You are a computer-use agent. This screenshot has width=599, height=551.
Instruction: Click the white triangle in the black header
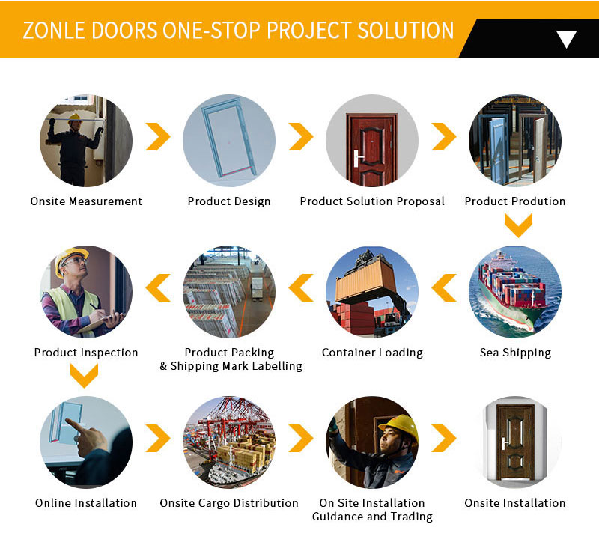point(566,39)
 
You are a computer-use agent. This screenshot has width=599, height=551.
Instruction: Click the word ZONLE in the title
point(53,31)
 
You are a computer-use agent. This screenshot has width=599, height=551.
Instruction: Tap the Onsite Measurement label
point(86,201)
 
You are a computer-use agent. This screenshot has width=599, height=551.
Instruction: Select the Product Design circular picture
point(229,140)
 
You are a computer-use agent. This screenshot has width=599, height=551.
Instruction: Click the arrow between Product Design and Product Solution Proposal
point(301,136)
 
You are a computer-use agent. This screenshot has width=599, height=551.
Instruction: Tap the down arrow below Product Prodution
point(518,225)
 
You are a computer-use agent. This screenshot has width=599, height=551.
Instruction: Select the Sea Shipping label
point(515,353)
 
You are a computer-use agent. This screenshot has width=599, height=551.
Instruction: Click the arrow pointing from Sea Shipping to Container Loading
point(444,287)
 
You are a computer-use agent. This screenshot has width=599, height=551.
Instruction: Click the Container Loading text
point(372,353)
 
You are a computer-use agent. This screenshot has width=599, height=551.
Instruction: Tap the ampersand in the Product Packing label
point(163,366)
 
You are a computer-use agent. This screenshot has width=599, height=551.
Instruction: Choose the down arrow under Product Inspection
point(84,375)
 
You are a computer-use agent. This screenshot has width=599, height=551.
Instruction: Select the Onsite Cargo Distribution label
point(229,503)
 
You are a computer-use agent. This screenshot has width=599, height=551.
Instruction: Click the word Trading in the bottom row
point(411,517)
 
